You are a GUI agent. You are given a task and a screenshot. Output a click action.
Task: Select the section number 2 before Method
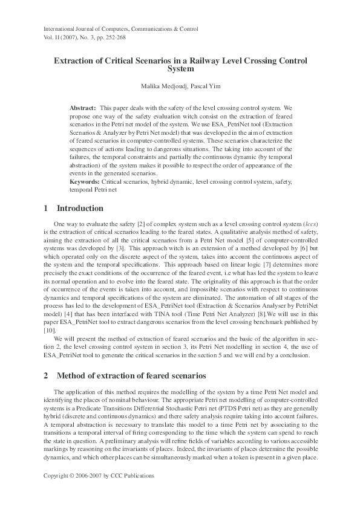pyautogui.click(x=46, y=375)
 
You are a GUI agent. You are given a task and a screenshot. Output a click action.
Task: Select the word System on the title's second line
pyautogui.click(x=180, y=70)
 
